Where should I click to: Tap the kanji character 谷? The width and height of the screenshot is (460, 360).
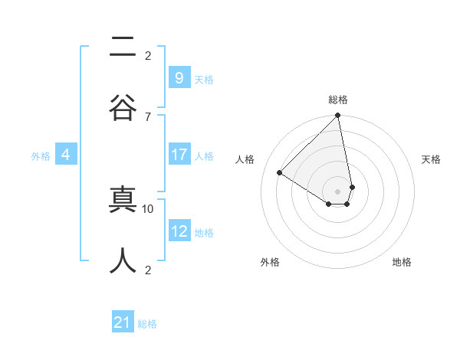123,106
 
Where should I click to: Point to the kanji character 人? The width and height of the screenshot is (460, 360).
123,260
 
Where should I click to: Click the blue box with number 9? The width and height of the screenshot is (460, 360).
179,77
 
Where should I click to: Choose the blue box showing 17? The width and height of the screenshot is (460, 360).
179,154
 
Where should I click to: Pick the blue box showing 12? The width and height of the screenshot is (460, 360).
179,231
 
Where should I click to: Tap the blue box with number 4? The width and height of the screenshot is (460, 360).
66,155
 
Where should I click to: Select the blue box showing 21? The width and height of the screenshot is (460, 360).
123,322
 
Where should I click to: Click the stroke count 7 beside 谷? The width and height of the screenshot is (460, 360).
147,116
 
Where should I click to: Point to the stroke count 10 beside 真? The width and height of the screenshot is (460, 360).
148,208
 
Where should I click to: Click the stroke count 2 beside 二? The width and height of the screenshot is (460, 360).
148,55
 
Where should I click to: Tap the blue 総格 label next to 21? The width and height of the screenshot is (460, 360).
147,324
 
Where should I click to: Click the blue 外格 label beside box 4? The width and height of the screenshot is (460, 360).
41,155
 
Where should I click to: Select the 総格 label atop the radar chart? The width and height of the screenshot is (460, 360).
338,100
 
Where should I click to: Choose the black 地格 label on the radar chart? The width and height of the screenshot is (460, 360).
402,262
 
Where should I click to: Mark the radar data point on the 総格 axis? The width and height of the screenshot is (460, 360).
337,116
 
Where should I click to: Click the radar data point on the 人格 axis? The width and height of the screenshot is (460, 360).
280,173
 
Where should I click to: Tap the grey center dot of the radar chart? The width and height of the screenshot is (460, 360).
337,191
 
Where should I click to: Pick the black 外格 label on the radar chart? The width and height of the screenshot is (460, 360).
270,262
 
